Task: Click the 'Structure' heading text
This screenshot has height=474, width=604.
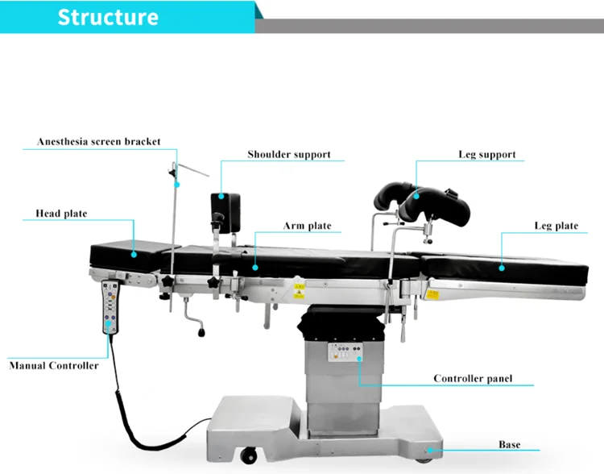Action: tap(108, 17)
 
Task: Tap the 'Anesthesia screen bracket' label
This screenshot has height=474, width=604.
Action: tap(98, 142)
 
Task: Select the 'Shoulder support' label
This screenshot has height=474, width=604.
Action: tap(289, 154)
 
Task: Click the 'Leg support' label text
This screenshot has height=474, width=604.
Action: tap(487, 154)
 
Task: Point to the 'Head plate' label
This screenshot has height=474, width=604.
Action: tap(61, 214)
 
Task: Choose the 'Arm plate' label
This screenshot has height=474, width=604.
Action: tap(307, 226)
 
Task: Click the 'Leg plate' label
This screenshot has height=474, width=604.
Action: tap(556, 226)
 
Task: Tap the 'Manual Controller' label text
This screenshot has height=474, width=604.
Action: tap(53, 366)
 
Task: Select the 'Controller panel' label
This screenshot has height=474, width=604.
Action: tap(473, 378)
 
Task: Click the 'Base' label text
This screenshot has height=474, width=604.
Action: tap(509, 445)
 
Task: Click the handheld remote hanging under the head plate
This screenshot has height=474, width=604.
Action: tap(110, 307)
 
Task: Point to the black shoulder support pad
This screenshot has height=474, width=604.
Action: tap(225, 208)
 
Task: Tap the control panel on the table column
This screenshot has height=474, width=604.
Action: tap(345, 352)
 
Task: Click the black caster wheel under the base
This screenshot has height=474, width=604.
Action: tap(249, 455)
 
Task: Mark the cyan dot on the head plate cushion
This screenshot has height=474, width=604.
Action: tap(134, 255)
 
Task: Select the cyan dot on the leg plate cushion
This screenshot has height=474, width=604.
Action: tap(502, 268)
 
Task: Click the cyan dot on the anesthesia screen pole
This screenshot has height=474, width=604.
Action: tap(177, 185)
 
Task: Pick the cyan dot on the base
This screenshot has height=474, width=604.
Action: tap(430, 450)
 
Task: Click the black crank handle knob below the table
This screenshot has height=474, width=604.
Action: tap(201, 331)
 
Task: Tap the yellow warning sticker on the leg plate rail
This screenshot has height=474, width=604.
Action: tap(433, 295)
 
